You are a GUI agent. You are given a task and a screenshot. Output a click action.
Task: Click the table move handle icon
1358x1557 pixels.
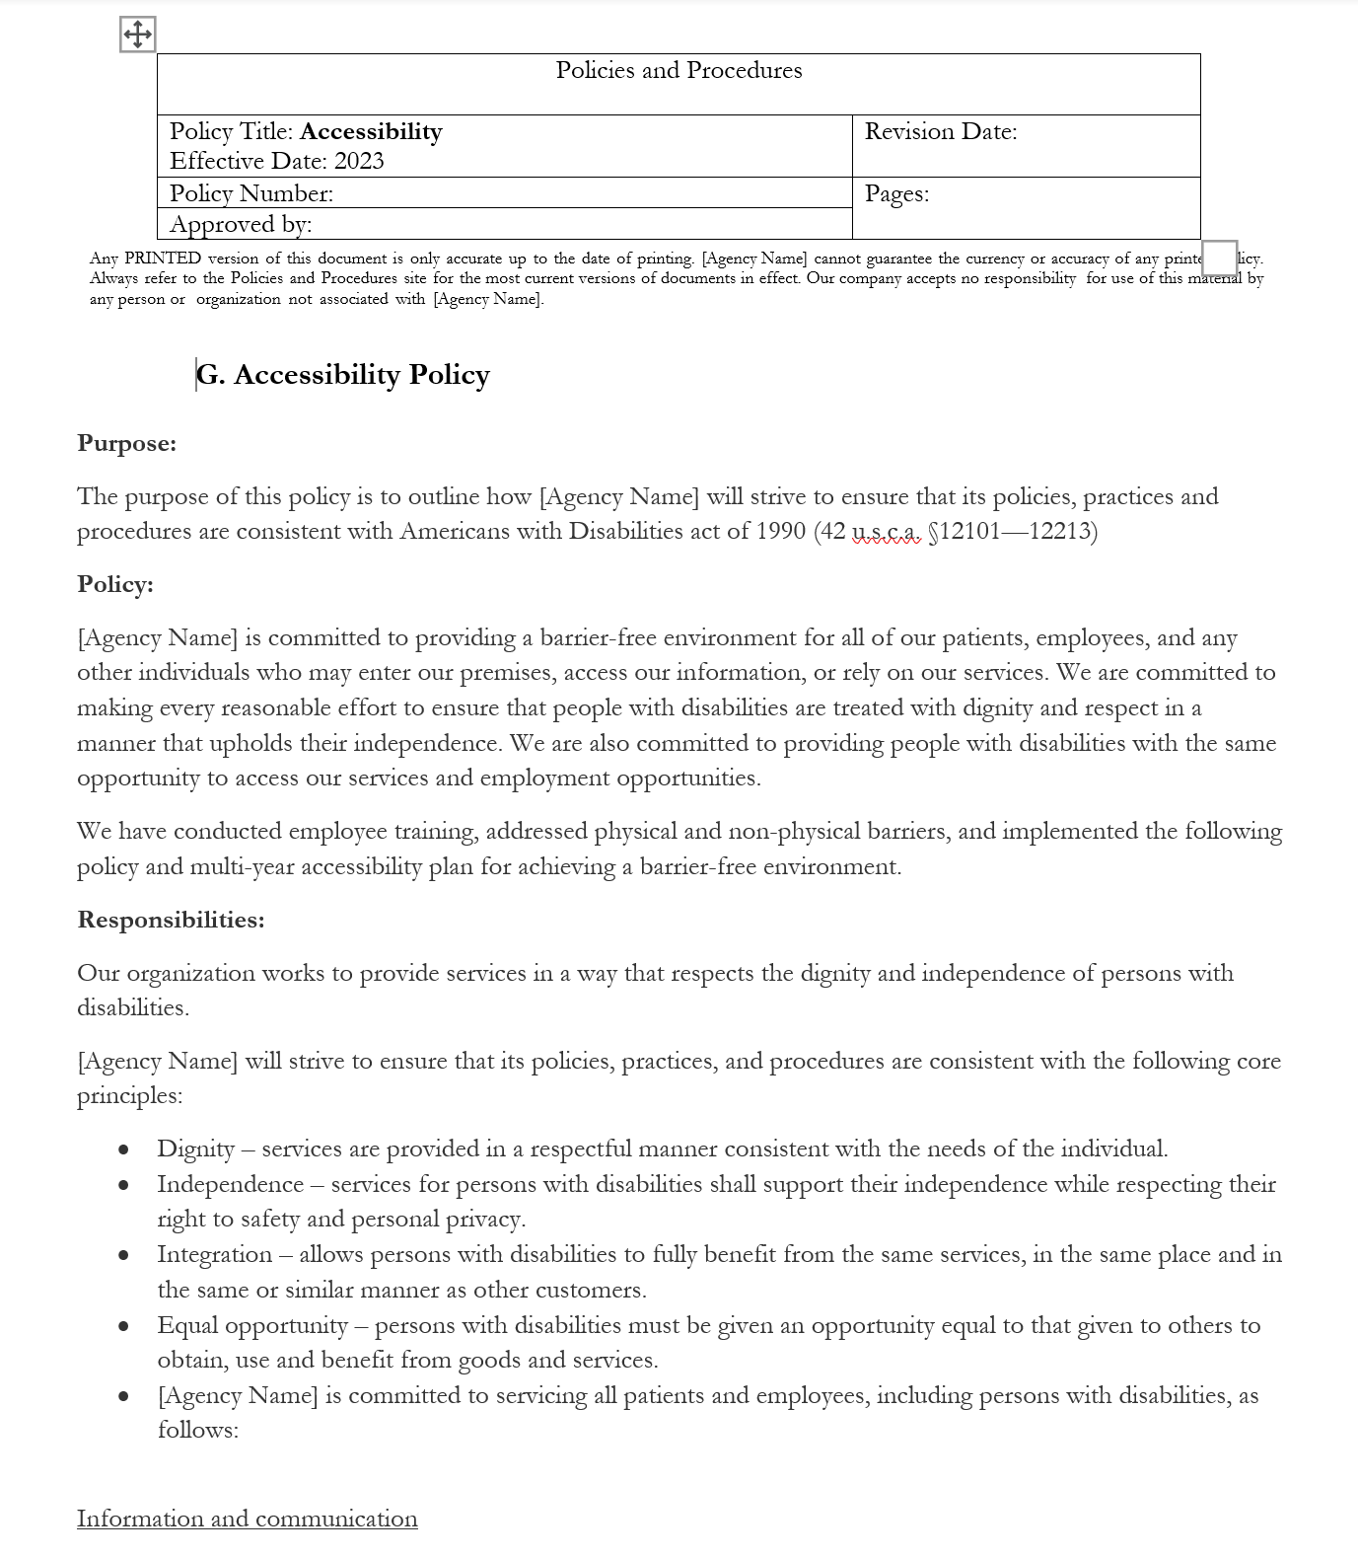137,35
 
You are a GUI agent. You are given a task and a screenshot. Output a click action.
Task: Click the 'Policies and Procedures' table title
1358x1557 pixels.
679,71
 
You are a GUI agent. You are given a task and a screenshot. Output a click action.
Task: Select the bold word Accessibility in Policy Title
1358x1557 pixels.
371,132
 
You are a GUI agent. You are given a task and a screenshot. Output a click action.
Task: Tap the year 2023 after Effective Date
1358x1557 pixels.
359,162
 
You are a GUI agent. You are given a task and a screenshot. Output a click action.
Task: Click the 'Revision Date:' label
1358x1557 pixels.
941,132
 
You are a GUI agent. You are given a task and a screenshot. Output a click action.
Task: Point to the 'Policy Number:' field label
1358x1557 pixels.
251,194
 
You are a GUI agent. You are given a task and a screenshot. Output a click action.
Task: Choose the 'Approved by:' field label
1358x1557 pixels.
241,225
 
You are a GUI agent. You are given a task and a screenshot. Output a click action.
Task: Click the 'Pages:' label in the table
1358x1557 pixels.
896,194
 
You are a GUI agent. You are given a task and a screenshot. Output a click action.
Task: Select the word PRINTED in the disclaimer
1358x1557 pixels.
163,259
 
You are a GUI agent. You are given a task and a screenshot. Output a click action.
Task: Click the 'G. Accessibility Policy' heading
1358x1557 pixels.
343,375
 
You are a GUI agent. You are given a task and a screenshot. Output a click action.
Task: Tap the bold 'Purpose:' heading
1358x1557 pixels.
127,444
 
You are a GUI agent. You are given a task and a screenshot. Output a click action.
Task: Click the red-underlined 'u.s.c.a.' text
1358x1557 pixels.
886,532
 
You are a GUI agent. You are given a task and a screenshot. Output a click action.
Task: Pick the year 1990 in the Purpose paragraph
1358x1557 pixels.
781,532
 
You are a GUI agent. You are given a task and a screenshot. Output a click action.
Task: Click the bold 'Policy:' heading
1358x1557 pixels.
115,585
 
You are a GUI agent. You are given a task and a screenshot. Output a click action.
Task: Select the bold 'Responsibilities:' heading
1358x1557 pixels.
172,921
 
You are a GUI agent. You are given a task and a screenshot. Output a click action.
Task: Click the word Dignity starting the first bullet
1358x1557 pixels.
196,1149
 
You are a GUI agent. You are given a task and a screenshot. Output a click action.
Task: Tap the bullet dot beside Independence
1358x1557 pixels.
123,1185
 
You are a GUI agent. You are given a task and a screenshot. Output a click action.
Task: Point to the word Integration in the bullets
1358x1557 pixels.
215,1255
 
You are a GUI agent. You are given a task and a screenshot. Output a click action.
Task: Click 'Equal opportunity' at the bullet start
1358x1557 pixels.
252,1326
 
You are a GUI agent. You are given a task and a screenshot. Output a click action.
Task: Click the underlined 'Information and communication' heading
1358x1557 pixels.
248,1520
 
